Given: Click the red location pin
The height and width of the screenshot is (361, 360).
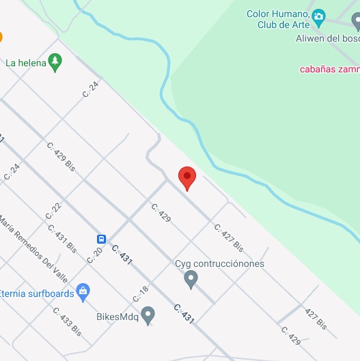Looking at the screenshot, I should [187, 177].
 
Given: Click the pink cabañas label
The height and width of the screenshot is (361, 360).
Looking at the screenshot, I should [329, 68].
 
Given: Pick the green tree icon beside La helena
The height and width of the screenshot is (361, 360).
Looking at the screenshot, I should [55, 63].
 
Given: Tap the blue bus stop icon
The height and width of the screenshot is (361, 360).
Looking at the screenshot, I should [101, 239].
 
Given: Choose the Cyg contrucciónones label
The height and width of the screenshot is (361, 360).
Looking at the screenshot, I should [219, 263].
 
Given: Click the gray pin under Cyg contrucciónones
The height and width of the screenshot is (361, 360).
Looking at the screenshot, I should [192, 278].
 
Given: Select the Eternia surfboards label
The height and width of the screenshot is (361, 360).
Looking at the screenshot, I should [37, 293].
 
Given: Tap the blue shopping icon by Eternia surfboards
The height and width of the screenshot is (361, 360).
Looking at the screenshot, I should [83, 292].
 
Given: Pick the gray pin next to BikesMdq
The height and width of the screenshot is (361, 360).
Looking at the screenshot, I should [148, 315].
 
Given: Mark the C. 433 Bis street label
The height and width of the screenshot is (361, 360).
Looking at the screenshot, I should [67, 321].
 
